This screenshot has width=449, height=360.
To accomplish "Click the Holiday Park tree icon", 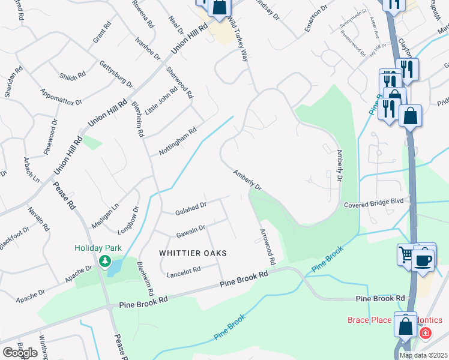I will pos(106,260).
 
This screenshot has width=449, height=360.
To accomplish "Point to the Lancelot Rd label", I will pos(183,271).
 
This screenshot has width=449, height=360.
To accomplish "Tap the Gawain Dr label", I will pos(191,230).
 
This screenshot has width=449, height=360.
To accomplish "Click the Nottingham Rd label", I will pos(178,142).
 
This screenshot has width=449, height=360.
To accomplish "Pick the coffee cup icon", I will pos(424,260).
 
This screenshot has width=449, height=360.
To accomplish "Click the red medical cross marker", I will pos(426,332).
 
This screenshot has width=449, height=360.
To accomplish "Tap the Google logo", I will pos(20,353).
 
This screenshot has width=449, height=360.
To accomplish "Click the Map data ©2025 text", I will pos(423,355).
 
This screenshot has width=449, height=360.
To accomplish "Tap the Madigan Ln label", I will pos(106,215).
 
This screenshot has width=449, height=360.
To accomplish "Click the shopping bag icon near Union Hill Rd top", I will pos(220,8).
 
